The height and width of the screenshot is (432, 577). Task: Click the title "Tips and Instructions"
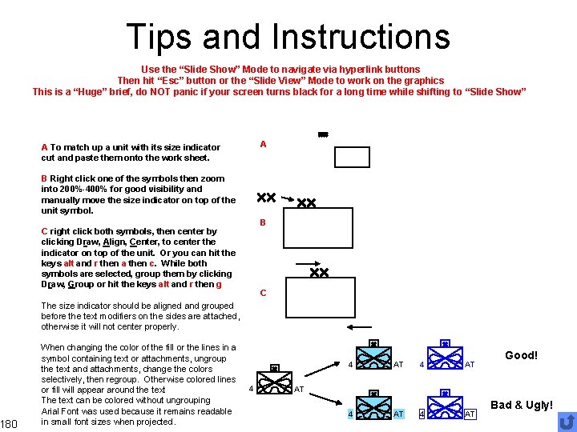(288, 37)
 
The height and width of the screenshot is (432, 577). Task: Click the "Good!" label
(521, 355)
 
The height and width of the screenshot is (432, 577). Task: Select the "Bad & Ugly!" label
(521, 406)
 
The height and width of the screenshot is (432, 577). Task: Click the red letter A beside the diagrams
(263, 144)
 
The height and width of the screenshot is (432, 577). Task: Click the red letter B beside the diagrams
(262, 222)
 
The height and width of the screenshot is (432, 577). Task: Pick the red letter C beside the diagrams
(262, 293)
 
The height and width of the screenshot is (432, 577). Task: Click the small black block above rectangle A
(323, 134)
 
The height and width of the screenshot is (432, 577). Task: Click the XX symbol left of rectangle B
(266, 197)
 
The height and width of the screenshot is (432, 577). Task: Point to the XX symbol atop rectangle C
(319, 273)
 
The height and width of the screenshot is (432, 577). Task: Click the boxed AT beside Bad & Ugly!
(470, 414)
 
